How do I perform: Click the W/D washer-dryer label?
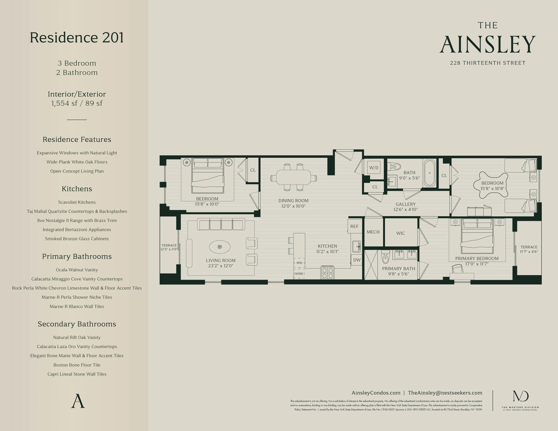click(x=374, y=168)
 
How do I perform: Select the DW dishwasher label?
click(x=357, y=260)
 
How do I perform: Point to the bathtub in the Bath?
click(x=429, y=173)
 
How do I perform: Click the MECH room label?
click(x=373, y=232)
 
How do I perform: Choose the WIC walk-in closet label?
click(x=400, y=233)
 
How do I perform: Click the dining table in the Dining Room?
click(x=294, y=177)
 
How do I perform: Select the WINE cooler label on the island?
click(x=299, y=274)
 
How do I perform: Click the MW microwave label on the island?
click(x=299, y=263)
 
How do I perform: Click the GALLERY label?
click(x=405, y=204)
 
